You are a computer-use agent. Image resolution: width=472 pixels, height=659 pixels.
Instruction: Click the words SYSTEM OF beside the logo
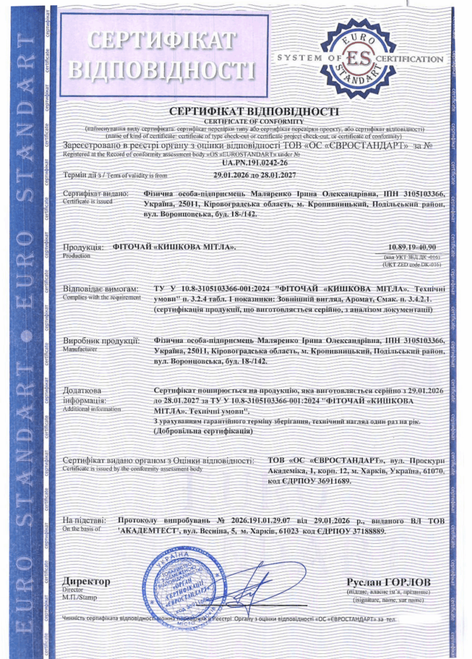coord(303,59)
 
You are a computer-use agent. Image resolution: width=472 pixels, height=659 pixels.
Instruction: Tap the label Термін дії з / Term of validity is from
coord(115,174)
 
